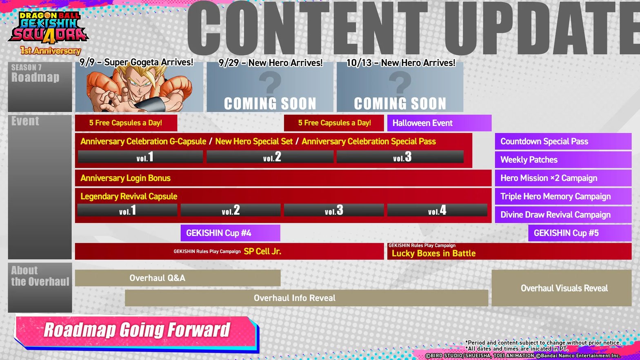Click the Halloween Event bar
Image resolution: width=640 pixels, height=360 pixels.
tap(439, 123)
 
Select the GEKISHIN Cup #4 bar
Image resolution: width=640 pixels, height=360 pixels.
tap(230, 233)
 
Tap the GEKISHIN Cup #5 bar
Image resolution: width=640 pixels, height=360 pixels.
tap(580, 233)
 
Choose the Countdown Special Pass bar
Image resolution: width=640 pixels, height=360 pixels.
tap(563, 141)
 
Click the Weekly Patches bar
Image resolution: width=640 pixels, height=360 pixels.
tap(563, 160)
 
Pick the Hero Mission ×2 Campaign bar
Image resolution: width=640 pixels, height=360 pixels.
tap(563, 178)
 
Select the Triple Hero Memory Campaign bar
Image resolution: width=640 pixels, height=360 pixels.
tap(563, 196)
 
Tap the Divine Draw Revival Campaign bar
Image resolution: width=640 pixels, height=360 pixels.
tap(563, 215)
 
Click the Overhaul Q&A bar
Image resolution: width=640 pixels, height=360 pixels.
tap(178, 278)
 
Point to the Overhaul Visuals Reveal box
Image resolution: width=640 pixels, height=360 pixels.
tap(562, 288)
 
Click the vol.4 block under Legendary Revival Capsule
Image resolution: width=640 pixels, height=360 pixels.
tap(437, 210)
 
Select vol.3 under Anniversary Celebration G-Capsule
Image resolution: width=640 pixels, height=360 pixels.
tap(400, 157)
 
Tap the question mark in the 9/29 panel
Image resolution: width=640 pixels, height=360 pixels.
tap(270, 82)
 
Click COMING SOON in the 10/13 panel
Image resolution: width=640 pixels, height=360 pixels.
tap(400, 103)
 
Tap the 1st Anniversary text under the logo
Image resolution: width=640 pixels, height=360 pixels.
tap(51, 51)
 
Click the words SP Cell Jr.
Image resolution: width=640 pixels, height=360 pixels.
tap(262, 251)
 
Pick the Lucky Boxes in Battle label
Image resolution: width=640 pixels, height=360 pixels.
tap(434, 253)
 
